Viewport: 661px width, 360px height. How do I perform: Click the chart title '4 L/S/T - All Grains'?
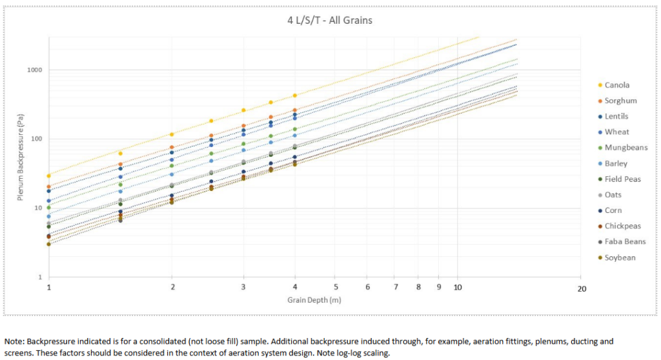click(x=330, y=20)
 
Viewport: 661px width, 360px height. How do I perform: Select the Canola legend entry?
click(x=616, y=85)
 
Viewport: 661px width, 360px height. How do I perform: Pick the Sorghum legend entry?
click(x=620, y=101)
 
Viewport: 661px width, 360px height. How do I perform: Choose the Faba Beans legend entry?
click(x=625, y=242)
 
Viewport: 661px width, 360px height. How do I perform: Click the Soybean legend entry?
click(x=620, y=257)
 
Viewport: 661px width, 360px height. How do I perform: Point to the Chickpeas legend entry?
click(x=623, y=226)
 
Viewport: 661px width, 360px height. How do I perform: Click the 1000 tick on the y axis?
click(x=35, y=70)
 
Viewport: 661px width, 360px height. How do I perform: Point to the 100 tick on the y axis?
click(x=36, y=139)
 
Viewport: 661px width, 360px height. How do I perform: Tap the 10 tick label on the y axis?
click(x=38, y=208)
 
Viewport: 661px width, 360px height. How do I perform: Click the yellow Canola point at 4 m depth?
click(x=294, y=95)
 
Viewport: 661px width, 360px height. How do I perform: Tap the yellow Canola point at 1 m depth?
click(x=48, y=175)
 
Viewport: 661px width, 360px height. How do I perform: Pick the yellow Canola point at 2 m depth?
click(x=172, y=134)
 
